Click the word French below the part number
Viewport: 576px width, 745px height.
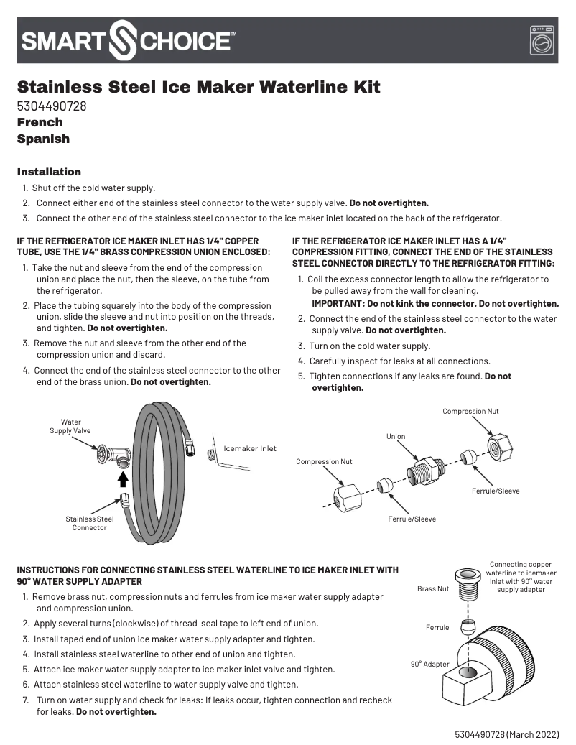coord(40,122)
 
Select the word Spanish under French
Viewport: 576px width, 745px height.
coord(43,139)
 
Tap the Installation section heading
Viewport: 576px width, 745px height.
coord(49,172)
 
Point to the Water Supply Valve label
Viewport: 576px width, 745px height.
coord(70,426)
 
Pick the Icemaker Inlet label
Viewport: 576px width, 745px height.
coord(250,449)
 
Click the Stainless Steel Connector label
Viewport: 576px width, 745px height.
coord(89,523)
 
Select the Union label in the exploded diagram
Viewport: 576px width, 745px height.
coord(396,436)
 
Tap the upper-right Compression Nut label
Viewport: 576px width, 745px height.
coord(470,412)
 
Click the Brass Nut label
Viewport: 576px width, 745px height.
coord(433,589)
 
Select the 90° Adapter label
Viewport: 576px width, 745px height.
coord(429,665)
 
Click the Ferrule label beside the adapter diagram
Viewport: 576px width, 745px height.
coord(437,627)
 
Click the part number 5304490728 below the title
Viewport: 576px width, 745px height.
coord(52,106)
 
